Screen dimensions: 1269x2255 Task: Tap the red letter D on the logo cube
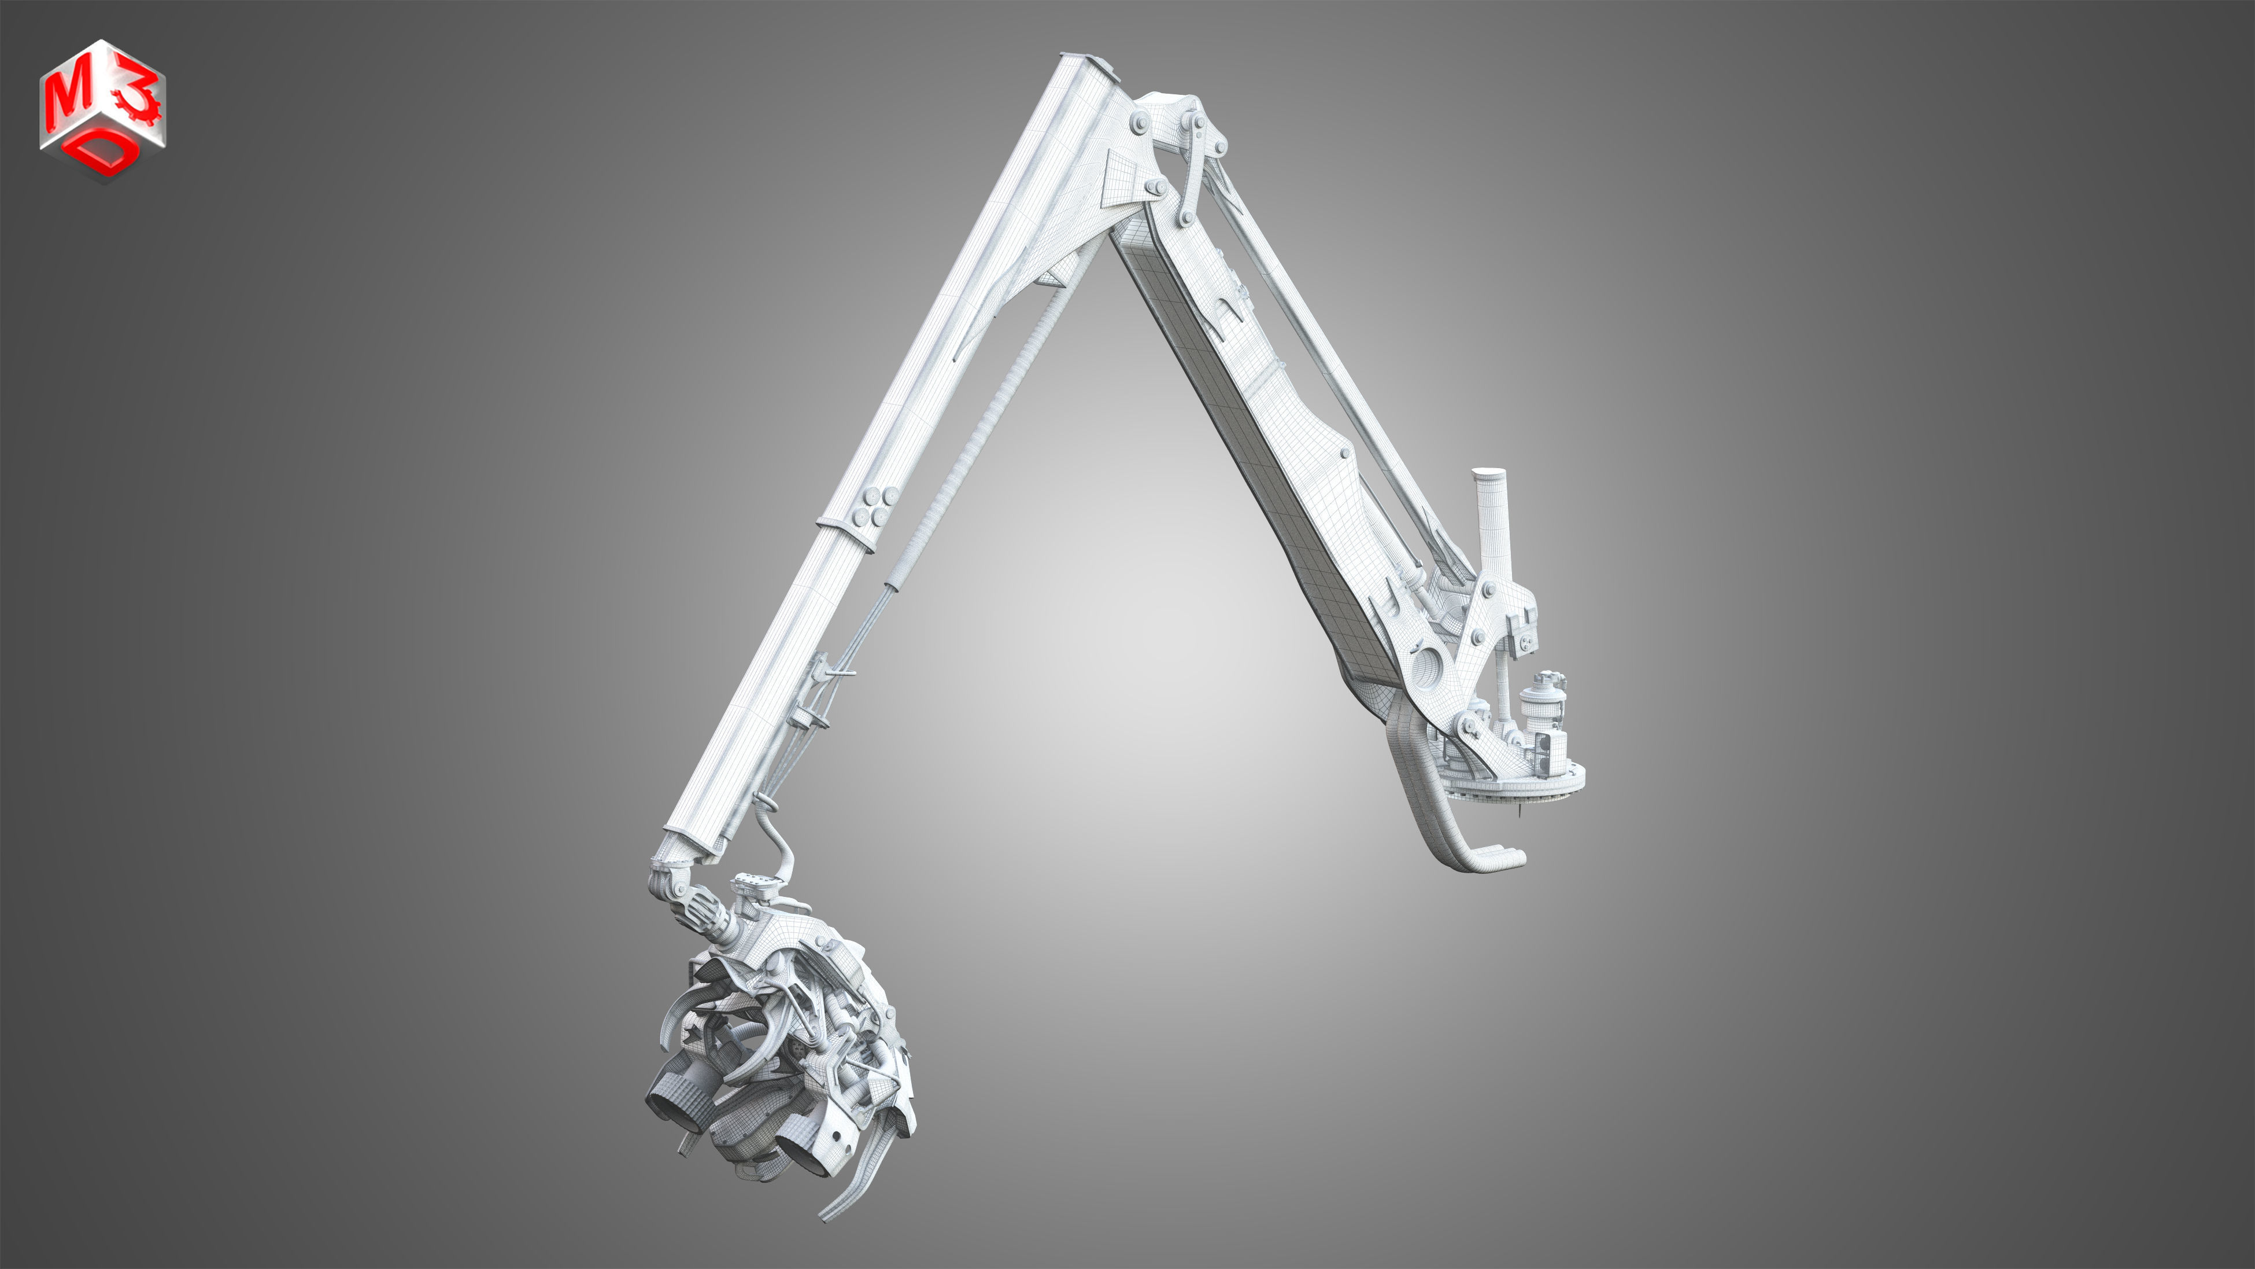point(105,154)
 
